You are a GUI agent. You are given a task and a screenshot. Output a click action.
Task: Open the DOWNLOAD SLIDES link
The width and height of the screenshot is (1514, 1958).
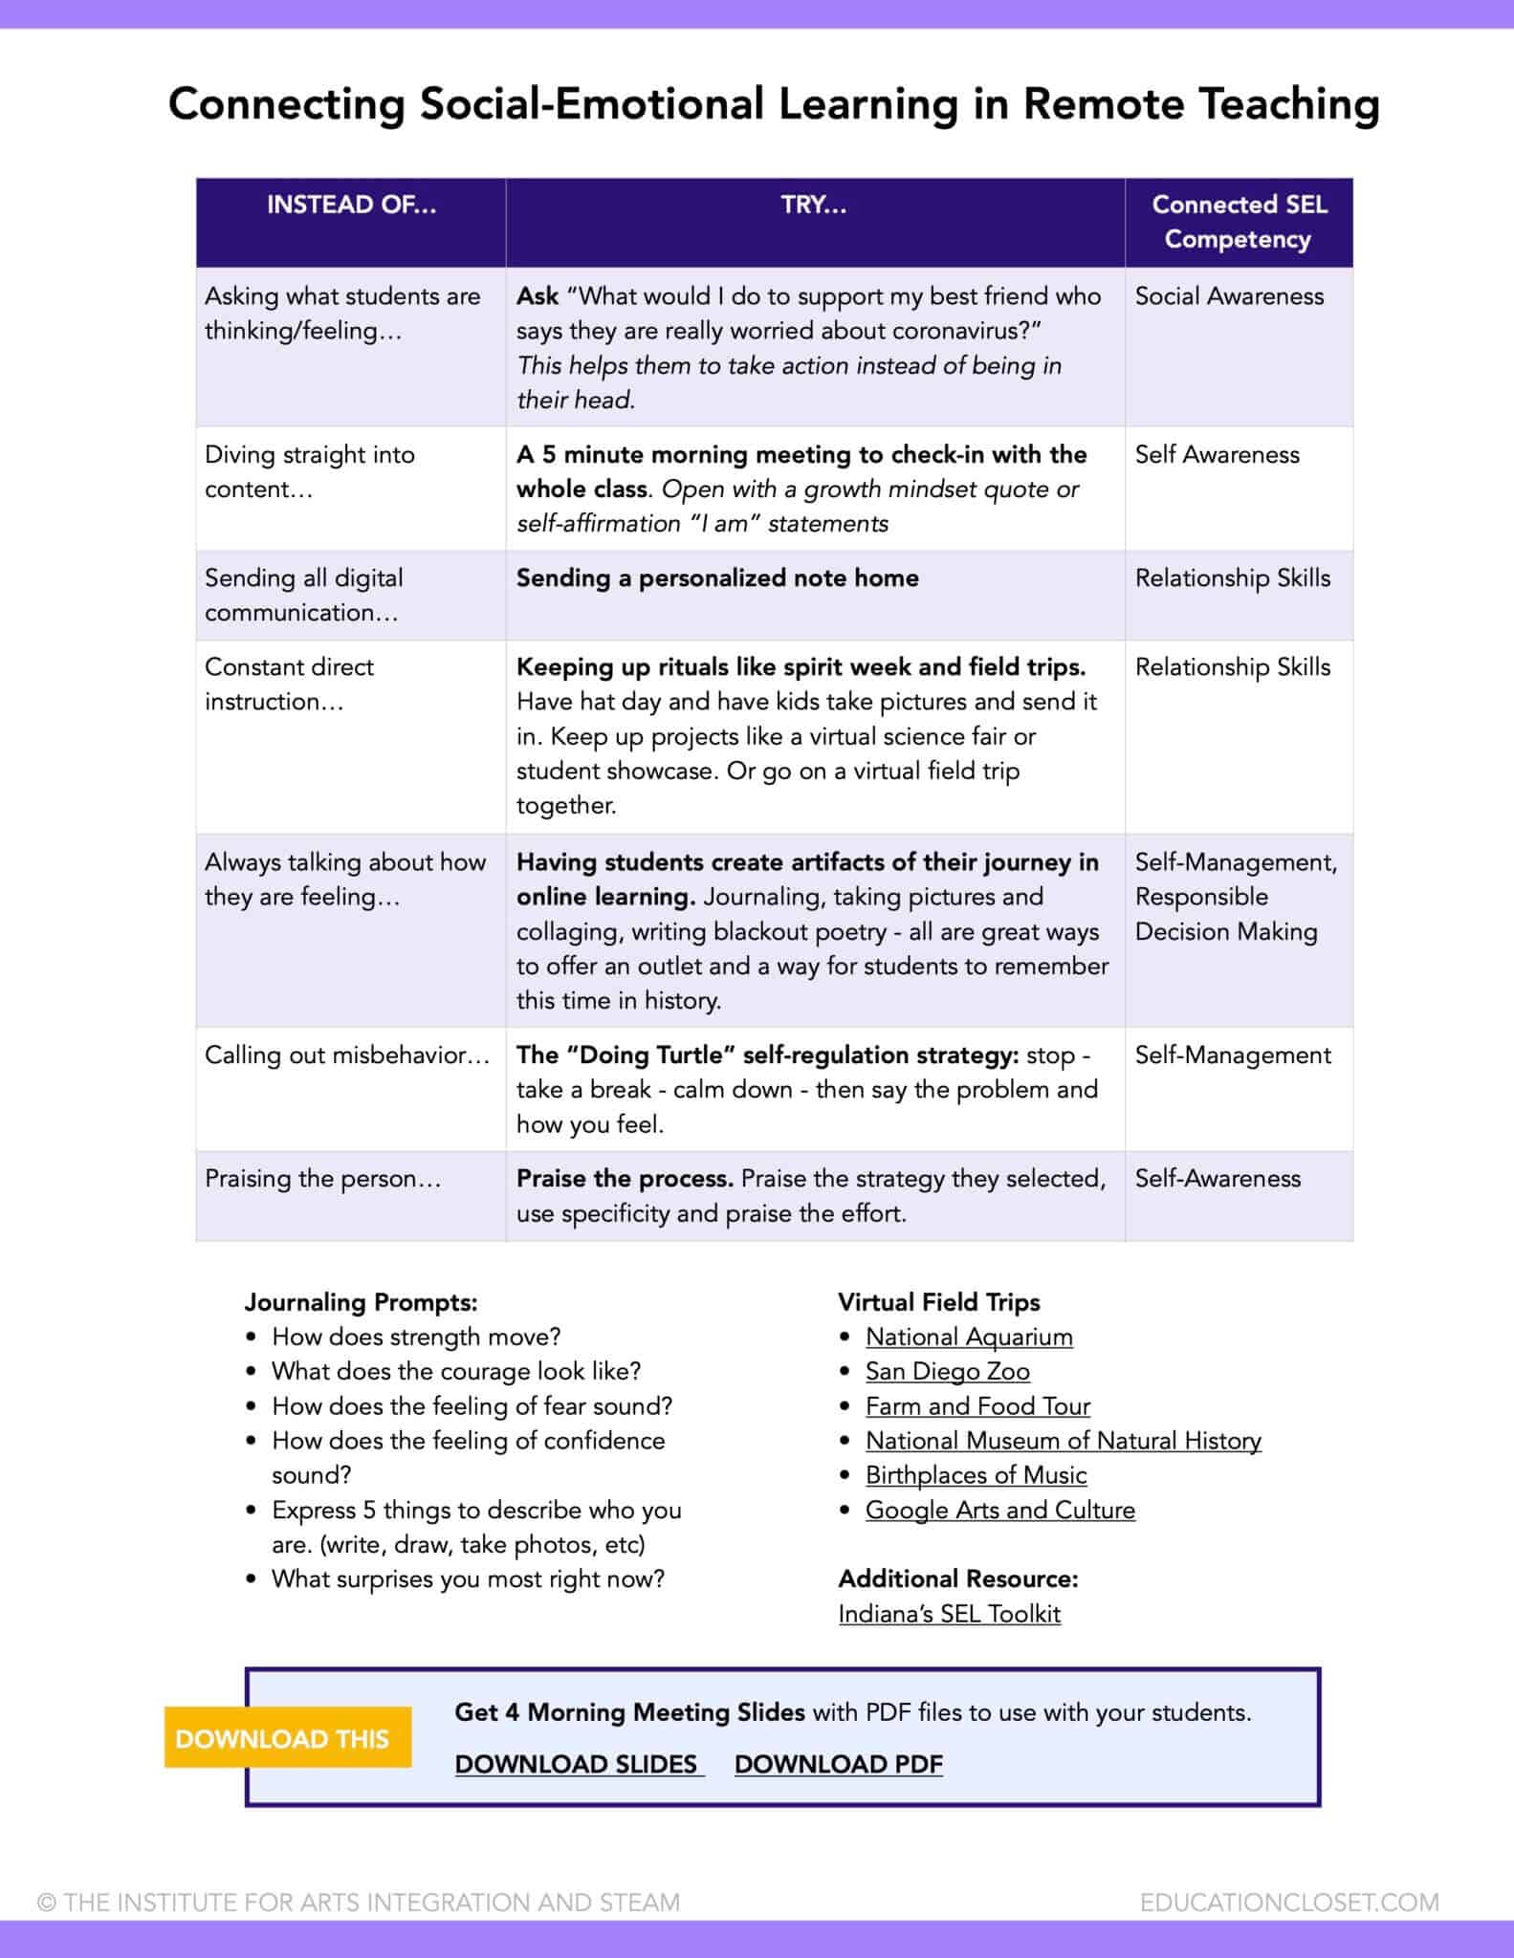point(578,1764)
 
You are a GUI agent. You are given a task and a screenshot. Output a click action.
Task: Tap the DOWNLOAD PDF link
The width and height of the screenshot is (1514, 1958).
point(838,1764)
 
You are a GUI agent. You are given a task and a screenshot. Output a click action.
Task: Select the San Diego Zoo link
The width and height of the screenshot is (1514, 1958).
point(947,1371)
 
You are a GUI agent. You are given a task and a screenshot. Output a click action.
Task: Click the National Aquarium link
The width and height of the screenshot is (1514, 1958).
point(969,1337)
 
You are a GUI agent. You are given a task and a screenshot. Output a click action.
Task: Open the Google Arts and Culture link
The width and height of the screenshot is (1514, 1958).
point(999,1510)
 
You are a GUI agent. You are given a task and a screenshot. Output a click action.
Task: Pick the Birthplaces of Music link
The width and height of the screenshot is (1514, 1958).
point(976,1475)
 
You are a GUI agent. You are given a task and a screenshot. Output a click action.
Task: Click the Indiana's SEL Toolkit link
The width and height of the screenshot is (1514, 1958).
point(949,1614)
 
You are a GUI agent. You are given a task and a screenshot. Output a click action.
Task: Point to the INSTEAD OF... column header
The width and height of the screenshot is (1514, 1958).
point(351,205)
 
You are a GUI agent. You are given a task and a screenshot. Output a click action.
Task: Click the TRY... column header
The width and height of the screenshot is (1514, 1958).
point(814,205)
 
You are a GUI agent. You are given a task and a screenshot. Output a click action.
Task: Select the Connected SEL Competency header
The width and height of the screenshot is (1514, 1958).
point(1239,222)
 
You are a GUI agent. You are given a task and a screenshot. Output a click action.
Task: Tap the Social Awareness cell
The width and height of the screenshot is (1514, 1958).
point(1229,296)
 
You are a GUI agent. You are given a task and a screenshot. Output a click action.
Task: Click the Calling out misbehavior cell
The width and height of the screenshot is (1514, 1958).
point(346,1055)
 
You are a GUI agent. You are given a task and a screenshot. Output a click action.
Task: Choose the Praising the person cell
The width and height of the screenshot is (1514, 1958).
point(322,1178)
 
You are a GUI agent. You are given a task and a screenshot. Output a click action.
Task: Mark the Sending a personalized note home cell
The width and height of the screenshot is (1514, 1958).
point(717,577)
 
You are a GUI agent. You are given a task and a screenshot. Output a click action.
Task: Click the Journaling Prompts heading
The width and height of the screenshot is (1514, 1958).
point(361,1302)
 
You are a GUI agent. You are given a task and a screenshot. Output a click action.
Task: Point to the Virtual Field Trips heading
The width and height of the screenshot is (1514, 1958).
point(938,1302)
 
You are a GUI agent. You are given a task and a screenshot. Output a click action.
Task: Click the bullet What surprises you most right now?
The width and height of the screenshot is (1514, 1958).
point(468,1578)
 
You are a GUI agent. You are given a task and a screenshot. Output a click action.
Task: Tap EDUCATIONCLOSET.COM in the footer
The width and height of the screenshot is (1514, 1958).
point(1288,1903)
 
